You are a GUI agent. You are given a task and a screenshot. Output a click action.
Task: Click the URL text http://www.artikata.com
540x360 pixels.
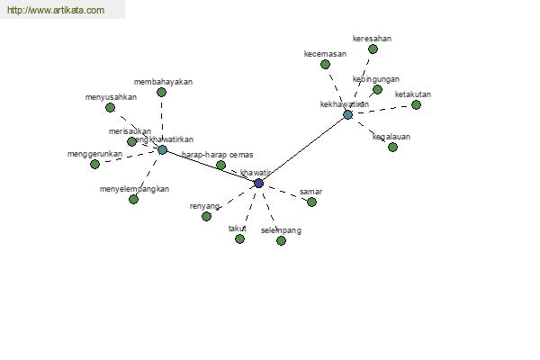pos(56,11)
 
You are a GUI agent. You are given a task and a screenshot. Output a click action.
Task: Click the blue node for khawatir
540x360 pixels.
pos(259,183)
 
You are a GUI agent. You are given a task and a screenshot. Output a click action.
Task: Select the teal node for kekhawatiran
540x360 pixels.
pos(347,114)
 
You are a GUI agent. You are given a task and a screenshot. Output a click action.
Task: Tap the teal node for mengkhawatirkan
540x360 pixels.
pos(162,149)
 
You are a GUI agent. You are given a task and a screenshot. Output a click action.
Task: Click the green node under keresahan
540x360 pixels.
pos(373,49)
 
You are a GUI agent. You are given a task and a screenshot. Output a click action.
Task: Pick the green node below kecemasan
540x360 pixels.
pos(325,64)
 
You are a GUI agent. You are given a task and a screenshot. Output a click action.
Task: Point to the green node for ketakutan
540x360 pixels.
pos(416,104)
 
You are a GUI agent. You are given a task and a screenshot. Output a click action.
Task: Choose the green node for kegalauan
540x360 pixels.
pos(392,147)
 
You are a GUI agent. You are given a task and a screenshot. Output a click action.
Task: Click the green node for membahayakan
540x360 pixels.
pos(161,92)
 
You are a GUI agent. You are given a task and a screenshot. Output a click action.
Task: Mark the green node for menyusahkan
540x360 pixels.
pos(110,107)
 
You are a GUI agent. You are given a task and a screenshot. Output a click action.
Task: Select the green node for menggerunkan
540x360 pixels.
pos(94,164)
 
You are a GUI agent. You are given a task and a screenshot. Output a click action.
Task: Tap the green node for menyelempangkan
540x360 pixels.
pos(133,199)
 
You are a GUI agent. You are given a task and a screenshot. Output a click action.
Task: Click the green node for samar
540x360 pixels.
pos(311,202)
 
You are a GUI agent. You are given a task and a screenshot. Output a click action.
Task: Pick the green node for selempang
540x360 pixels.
pos(281,240)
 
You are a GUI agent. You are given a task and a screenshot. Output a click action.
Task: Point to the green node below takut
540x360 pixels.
pos(239,238)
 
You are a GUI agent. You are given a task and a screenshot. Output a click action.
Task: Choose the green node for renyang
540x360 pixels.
pos(206,216)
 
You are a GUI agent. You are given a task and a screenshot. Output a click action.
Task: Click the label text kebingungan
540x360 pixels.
pos(376,79)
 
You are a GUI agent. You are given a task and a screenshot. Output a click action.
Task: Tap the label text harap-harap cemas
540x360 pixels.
pos(217,155)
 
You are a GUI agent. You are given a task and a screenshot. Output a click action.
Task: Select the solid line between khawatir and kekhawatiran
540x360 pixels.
pos(303,148)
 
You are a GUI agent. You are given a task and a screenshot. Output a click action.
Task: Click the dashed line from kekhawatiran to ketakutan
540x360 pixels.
pos(382,110)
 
